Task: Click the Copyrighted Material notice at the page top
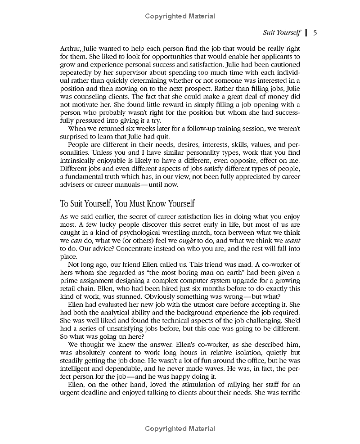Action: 180,16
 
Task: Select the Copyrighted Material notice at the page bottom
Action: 180,429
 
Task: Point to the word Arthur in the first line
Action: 70,48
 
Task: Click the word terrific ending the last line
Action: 288,392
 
